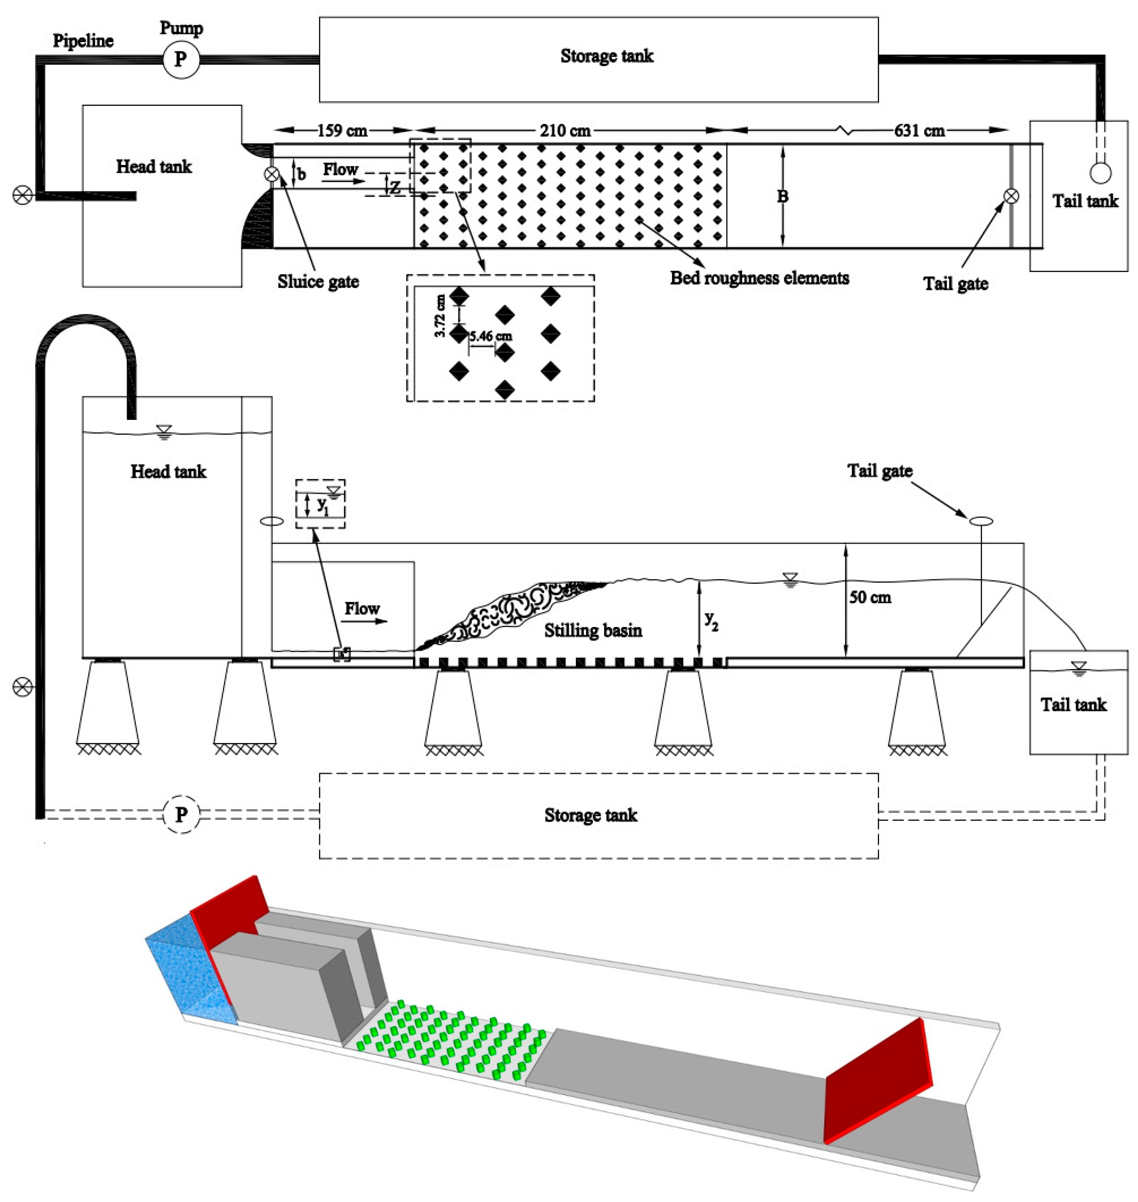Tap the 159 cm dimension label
click(342, 130)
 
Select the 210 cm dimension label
click(565, 130)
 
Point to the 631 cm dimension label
click(919, 130)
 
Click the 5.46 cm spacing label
click(490, 336)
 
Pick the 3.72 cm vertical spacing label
click(441, 315)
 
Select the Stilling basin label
click(593, 631)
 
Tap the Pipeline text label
click(83, 41)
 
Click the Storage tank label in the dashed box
click(590, 815)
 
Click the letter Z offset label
click(395, 188)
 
